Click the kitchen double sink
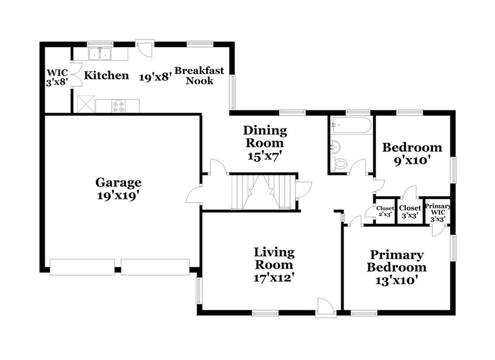click(x=100, y=54)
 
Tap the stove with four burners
click(x=118, y=105)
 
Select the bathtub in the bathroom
click(x=351, y=125)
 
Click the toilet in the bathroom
click(x=339, y=164)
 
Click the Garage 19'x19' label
click(x=118, y=189)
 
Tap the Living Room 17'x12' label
click(x=274, y=265)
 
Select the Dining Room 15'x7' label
click(x=264, y=143)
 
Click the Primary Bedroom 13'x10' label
click(x=396, y=268)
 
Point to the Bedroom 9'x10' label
click(x=412, y=154)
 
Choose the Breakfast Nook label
click(x=199, y=75)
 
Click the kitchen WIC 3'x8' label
click(x=57, y=77)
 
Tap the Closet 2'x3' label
click(x=385, y=211)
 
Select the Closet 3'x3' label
click(x=410, y=211)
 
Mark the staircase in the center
click(x=263, y=192)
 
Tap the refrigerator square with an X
click(x=86, y=104)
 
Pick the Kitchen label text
click(x=106, y=75)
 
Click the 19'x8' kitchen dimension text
click(x=156, y=77)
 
